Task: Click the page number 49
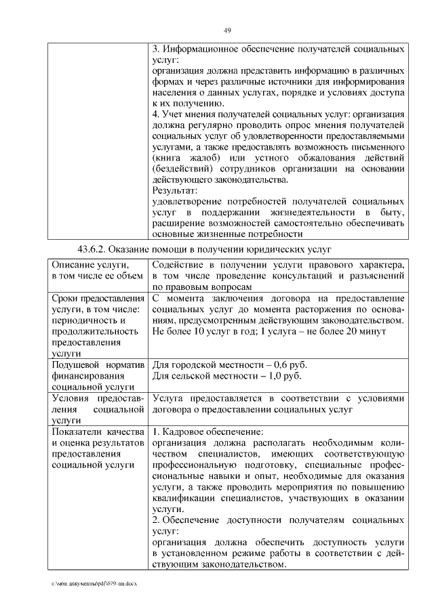coord(228,29)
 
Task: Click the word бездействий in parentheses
coord(183,169)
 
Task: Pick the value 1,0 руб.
coord(282,376)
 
